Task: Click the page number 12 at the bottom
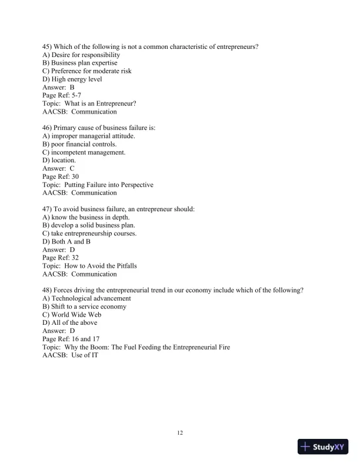(180, 433)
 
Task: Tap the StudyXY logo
(323, 447)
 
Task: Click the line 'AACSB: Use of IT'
(70, 355)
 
